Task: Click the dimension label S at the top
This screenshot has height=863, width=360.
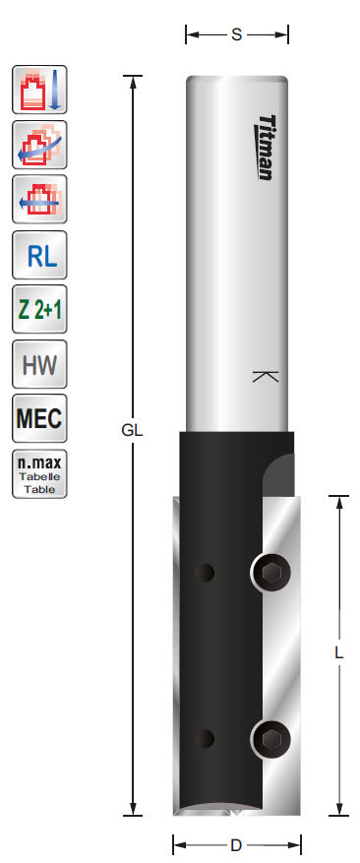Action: pos(237,35)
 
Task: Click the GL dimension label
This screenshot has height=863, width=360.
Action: pos(133,430)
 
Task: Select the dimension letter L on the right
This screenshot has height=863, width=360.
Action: pos(338,652)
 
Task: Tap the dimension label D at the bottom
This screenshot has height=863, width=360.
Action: pos(236,844)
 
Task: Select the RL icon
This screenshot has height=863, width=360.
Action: pos(40,258)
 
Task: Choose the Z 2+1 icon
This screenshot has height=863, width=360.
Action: pos(40,313)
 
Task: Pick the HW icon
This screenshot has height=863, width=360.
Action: pos(40,368)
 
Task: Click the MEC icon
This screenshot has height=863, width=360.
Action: pos(40,422)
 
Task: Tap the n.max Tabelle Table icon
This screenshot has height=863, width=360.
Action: pos(40,474)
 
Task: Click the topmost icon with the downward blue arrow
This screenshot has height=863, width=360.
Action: pos(40,91)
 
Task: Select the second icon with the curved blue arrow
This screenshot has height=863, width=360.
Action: pos(40,146)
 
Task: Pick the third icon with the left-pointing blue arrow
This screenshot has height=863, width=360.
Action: pos(40,201)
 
